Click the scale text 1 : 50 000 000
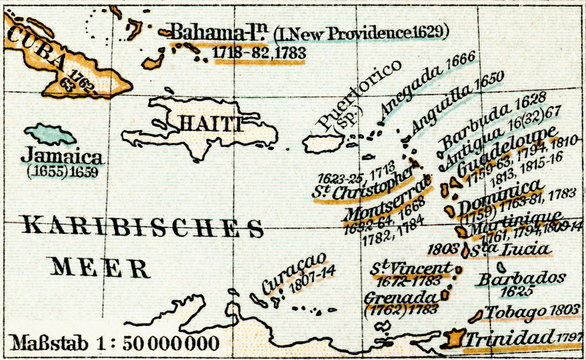[x=142, y=340]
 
